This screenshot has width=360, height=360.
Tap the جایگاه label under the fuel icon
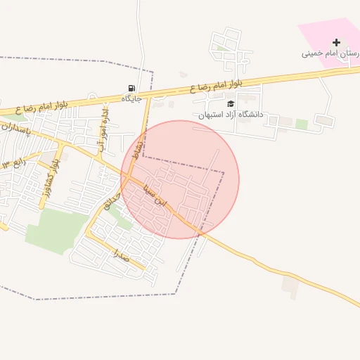coord(131,98)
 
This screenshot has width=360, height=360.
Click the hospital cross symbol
coord(336,43)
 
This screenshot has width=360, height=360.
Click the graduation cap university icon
coord(231,103)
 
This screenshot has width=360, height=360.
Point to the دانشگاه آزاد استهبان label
coord(230,114)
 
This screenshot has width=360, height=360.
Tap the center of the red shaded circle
coord(180,179)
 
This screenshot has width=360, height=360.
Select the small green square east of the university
coord(302,124)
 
